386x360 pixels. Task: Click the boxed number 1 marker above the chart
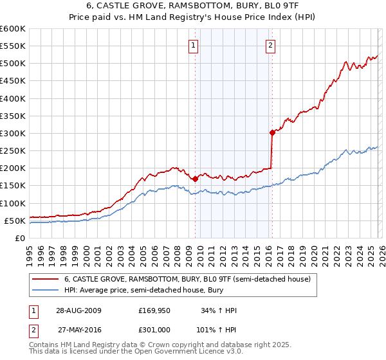click(x=194, y=45)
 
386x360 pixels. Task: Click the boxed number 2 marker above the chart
click(x=270, y=45)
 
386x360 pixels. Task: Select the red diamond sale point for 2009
click(x=195, y=179)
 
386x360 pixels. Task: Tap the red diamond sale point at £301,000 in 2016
click(x=271, y=133)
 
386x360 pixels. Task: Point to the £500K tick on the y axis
click(x=13, y=64)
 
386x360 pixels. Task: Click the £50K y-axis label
click(x=15, y=221)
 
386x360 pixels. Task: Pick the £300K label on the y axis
click(x=13, y=133)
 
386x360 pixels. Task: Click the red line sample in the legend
click(x=45, y=279)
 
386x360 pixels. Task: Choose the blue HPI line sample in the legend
click(x=45, y=290)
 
